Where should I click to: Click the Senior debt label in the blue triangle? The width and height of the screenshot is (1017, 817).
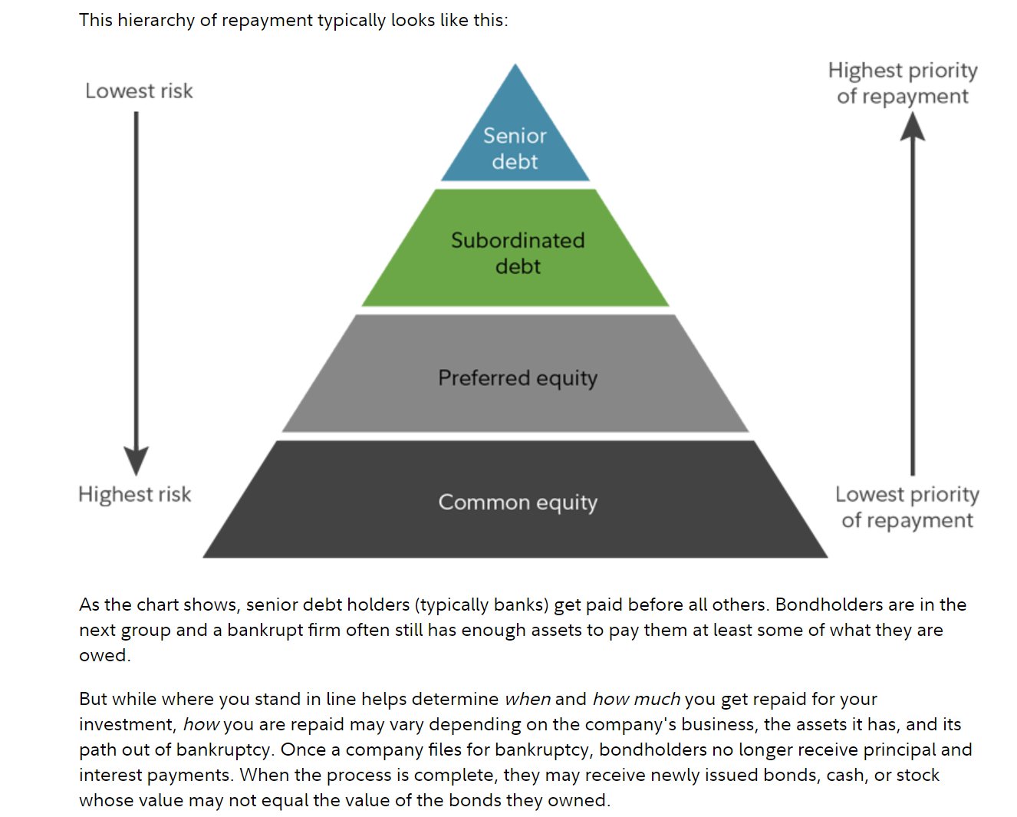(515, 148)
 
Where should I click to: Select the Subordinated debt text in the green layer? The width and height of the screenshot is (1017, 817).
(518, 252)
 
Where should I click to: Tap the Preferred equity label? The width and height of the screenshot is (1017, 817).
(518, 377)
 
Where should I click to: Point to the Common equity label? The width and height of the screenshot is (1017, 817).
(518, 502)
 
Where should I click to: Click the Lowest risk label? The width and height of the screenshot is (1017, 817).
(139, 91)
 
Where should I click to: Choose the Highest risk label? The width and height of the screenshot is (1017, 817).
(135, 494)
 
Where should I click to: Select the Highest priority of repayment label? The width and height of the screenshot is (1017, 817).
(903, 83)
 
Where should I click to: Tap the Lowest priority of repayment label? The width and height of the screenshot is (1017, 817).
(907, 507)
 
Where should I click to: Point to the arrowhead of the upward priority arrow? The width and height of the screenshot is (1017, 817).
(912, 127)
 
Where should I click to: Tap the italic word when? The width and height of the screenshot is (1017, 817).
(527, 699)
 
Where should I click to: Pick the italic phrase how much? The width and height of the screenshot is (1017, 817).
(636, 699)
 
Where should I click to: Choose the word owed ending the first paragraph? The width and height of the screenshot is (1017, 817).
(104, 655)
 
